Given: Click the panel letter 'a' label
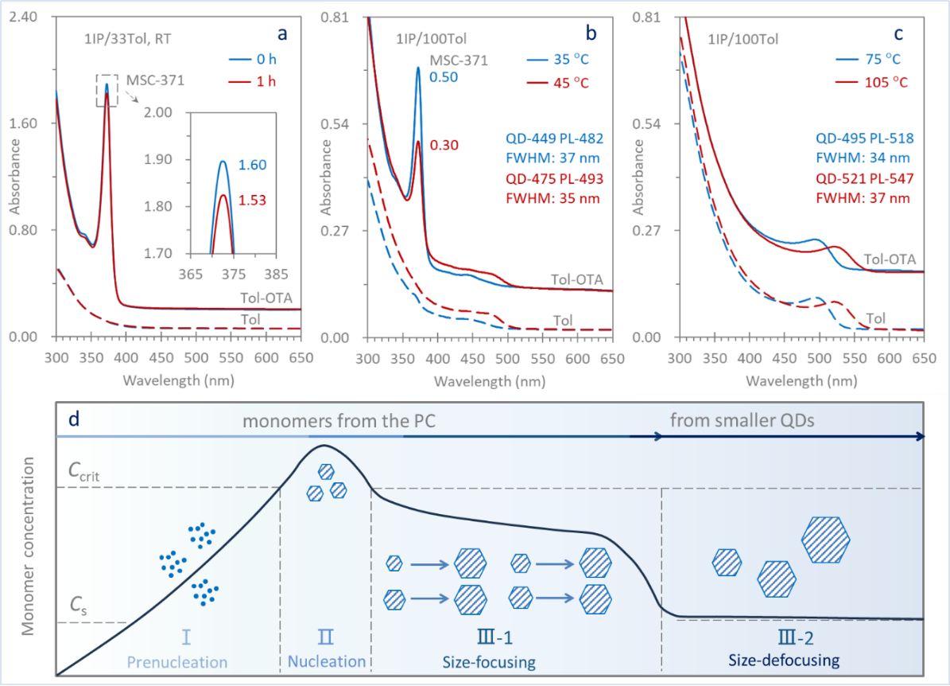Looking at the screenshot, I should coord(281,33).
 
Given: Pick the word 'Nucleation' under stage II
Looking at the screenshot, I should coord(327,661).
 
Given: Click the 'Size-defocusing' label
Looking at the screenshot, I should coord(784,660).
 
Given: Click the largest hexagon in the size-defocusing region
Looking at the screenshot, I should coord(827,539).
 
